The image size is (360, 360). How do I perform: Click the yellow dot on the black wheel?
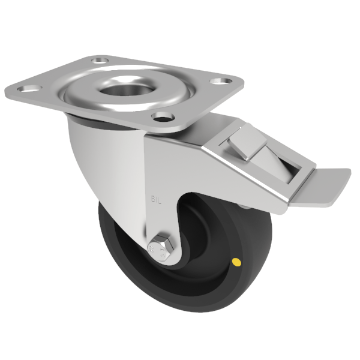(x=236, y=262)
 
